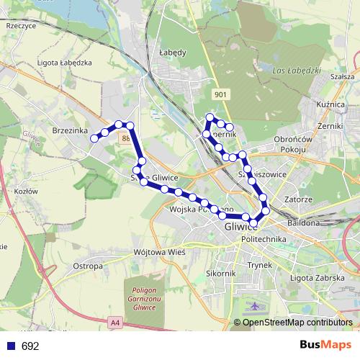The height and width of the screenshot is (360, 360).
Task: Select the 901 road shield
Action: point(221,94)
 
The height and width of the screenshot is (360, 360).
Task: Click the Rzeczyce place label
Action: point(21,25)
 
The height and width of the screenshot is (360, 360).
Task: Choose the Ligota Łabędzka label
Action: point(64,63)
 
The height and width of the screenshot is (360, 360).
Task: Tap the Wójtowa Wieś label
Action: point(160,253)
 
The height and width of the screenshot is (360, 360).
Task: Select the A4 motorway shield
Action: point(115,322)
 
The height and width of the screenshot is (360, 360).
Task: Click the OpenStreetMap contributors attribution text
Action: point(297,323)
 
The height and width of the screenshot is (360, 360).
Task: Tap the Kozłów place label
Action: point(25,192)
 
